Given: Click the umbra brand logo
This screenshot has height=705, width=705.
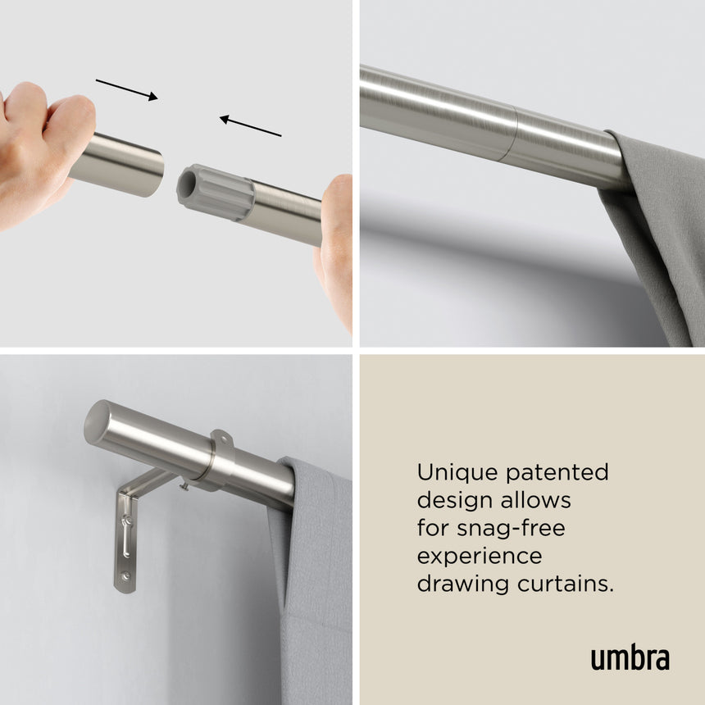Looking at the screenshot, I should pyautogui.click(x=630, y=658).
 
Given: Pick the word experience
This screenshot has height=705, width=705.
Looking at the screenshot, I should pyautogui.click(x=480, y=556).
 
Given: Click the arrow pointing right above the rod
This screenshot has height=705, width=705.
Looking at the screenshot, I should pyautogui.click(x=126, y=89).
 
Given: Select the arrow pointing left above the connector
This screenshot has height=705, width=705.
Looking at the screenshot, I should pyautogui.click(x=250, y=125).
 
